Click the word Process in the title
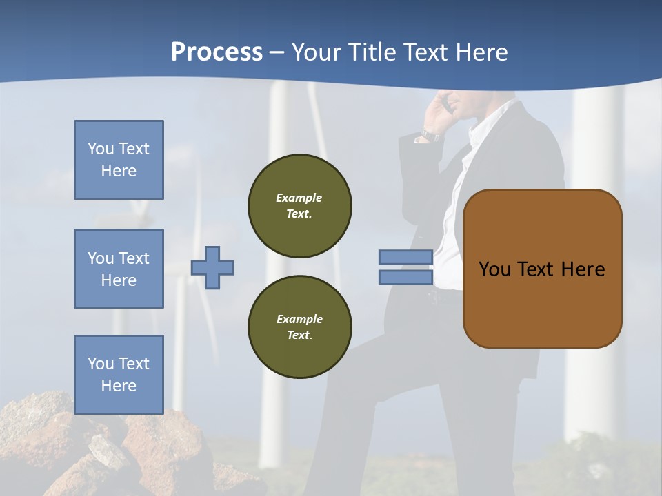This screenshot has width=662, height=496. (x=217, y=52)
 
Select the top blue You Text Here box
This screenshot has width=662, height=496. (x=119, y=160)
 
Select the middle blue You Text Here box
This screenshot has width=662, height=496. (x=119, y=269)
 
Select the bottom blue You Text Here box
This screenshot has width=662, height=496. (x=119, y=375)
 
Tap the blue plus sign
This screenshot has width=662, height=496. (x=212, y=267)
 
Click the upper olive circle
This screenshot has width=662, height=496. (x=300, y=206)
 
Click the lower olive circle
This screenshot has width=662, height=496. (x=300, y=327)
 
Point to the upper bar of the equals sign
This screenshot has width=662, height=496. (x=406, y=258)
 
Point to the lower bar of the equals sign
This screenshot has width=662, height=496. (x=406, y=278)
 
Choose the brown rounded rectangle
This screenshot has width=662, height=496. (x=543, y=303)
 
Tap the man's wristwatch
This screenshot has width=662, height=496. (x=430, y=135)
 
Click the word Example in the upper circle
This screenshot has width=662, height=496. (x=299, y=198)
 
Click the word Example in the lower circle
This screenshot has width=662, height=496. (x=299, y=319)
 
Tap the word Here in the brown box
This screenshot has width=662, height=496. (x=583, y=269)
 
